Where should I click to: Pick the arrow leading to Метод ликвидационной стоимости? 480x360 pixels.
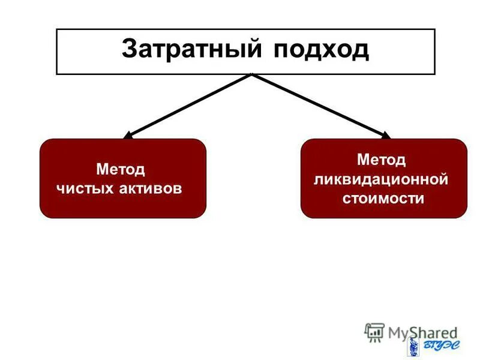pos(318,105)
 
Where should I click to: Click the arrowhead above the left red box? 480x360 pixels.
pos(129,135)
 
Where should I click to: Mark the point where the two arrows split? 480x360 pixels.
pos(252,75)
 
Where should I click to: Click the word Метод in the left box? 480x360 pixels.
pos(121,169)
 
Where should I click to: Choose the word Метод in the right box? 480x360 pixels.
pos(382,160)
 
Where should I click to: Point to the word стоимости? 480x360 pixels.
pos(383,198)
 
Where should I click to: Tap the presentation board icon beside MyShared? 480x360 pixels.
pos(374,332)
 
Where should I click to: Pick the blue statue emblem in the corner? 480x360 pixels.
pos(413,346)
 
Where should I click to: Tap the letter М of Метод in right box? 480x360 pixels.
pos(362,160)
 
